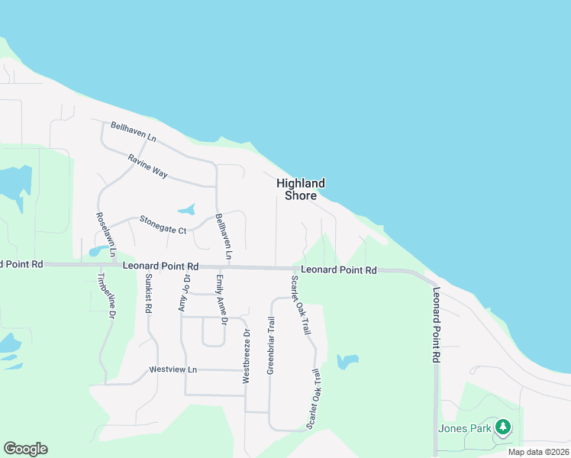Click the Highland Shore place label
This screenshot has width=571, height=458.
coord(301,189)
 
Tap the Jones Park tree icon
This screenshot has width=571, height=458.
coord(502,427)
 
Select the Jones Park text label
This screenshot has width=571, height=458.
coord(464,428)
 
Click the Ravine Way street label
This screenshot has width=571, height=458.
coord(147,166)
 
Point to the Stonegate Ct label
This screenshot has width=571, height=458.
coord(163,224)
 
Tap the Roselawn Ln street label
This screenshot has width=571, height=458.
coord(105,234)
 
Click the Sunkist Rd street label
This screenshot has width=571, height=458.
coord(148,294)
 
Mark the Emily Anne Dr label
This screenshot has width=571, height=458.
coord(221,300)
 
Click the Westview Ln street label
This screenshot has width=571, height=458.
coord(173,369)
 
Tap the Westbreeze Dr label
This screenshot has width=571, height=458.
coord(246,356)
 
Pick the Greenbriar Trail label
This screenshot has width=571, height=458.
coord(270,345)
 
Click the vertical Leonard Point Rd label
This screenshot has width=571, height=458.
coord(437,324)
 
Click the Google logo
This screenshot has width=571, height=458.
coord(25,449)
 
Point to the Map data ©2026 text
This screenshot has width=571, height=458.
coord(538,452)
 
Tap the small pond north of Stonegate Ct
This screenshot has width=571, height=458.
coord(185,209)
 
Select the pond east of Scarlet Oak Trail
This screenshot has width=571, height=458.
coord(347,360)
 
